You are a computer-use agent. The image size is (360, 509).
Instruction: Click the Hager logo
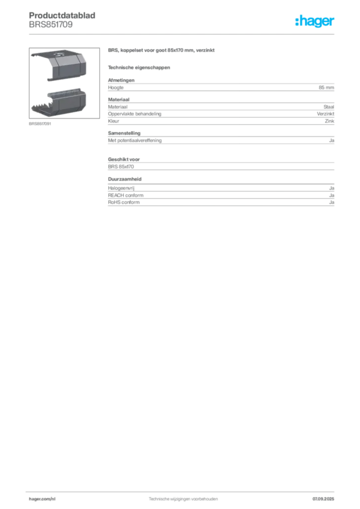314,21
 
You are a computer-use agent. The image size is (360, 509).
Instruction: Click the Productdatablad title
62,15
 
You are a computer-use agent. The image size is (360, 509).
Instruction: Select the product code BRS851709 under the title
51,25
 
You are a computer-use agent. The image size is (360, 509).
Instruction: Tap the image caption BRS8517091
40,124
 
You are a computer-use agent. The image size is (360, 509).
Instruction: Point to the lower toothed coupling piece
59,101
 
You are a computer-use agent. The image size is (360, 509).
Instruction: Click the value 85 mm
326,87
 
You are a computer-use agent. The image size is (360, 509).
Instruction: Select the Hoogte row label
115,87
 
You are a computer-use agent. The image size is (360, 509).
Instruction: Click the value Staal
329,107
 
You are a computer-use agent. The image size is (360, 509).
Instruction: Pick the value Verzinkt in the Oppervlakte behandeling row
325,114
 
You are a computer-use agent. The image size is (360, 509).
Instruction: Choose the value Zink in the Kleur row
330,121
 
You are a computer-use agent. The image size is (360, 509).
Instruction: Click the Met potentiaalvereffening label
135,141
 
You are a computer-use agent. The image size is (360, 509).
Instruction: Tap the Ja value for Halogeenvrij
332,188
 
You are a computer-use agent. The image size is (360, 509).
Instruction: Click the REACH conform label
126,195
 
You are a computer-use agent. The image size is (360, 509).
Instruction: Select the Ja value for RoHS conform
332,202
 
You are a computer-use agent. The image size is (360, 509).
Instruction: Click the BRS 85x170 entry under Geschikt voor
121,167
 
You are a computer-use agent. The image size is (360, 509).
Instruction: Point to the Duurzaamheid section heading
125,179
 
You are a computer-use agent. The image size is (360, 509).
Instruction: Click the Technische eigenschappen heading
139,68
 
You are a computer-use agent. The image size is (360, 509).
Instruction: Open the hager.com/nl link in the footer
42,499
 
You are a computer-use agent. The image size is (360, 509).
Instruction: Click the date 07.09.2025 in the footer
323,499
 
